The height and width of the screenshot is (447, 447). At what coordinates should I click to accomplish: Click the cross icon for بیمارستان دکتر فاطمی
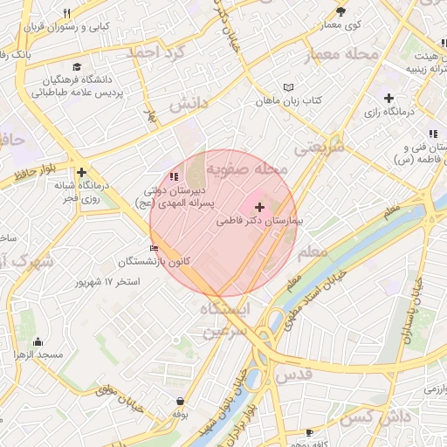tap(259, 207)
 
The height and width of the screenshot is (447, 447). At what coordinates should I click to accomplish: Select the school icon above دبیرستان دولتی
tap(161, 177)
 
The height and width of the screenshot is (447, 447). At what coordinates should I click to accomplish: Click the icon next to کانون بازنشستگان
tap(155, 249)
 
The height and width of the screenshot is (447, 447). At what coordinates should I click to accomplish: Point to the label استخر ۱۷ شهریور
tap(109, 283)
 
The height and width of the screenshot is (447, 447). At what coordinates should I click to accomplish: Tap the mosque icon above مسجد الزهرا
tap(38, 341)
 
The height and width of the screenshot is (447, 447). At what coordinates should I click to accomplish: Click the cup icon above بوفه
tap(179, 401)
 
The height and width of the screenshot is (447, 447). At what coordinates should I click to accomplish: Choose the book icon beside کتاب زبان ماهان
tap(289, 87)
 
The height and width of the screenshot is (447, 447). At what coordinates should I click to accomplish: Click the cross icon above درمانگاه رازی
tap(389, 99)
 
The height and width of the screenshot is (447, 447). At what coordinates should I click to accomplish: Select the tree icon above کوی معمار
tap(340, 12)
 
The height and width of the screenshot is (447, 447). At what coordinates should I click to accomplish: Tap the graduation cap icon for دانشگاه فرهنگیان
tap(77, 66)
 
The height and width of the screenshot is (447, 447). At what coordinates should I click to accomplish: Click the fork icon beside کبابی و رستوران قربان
tap(66, 14)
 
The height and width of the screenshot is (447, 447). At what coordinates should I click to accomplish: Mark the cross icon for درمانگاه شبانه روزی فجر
tap(81, 173)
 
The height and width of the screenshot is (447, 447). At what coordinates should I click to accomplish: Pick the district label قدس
tap(293, 375)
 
